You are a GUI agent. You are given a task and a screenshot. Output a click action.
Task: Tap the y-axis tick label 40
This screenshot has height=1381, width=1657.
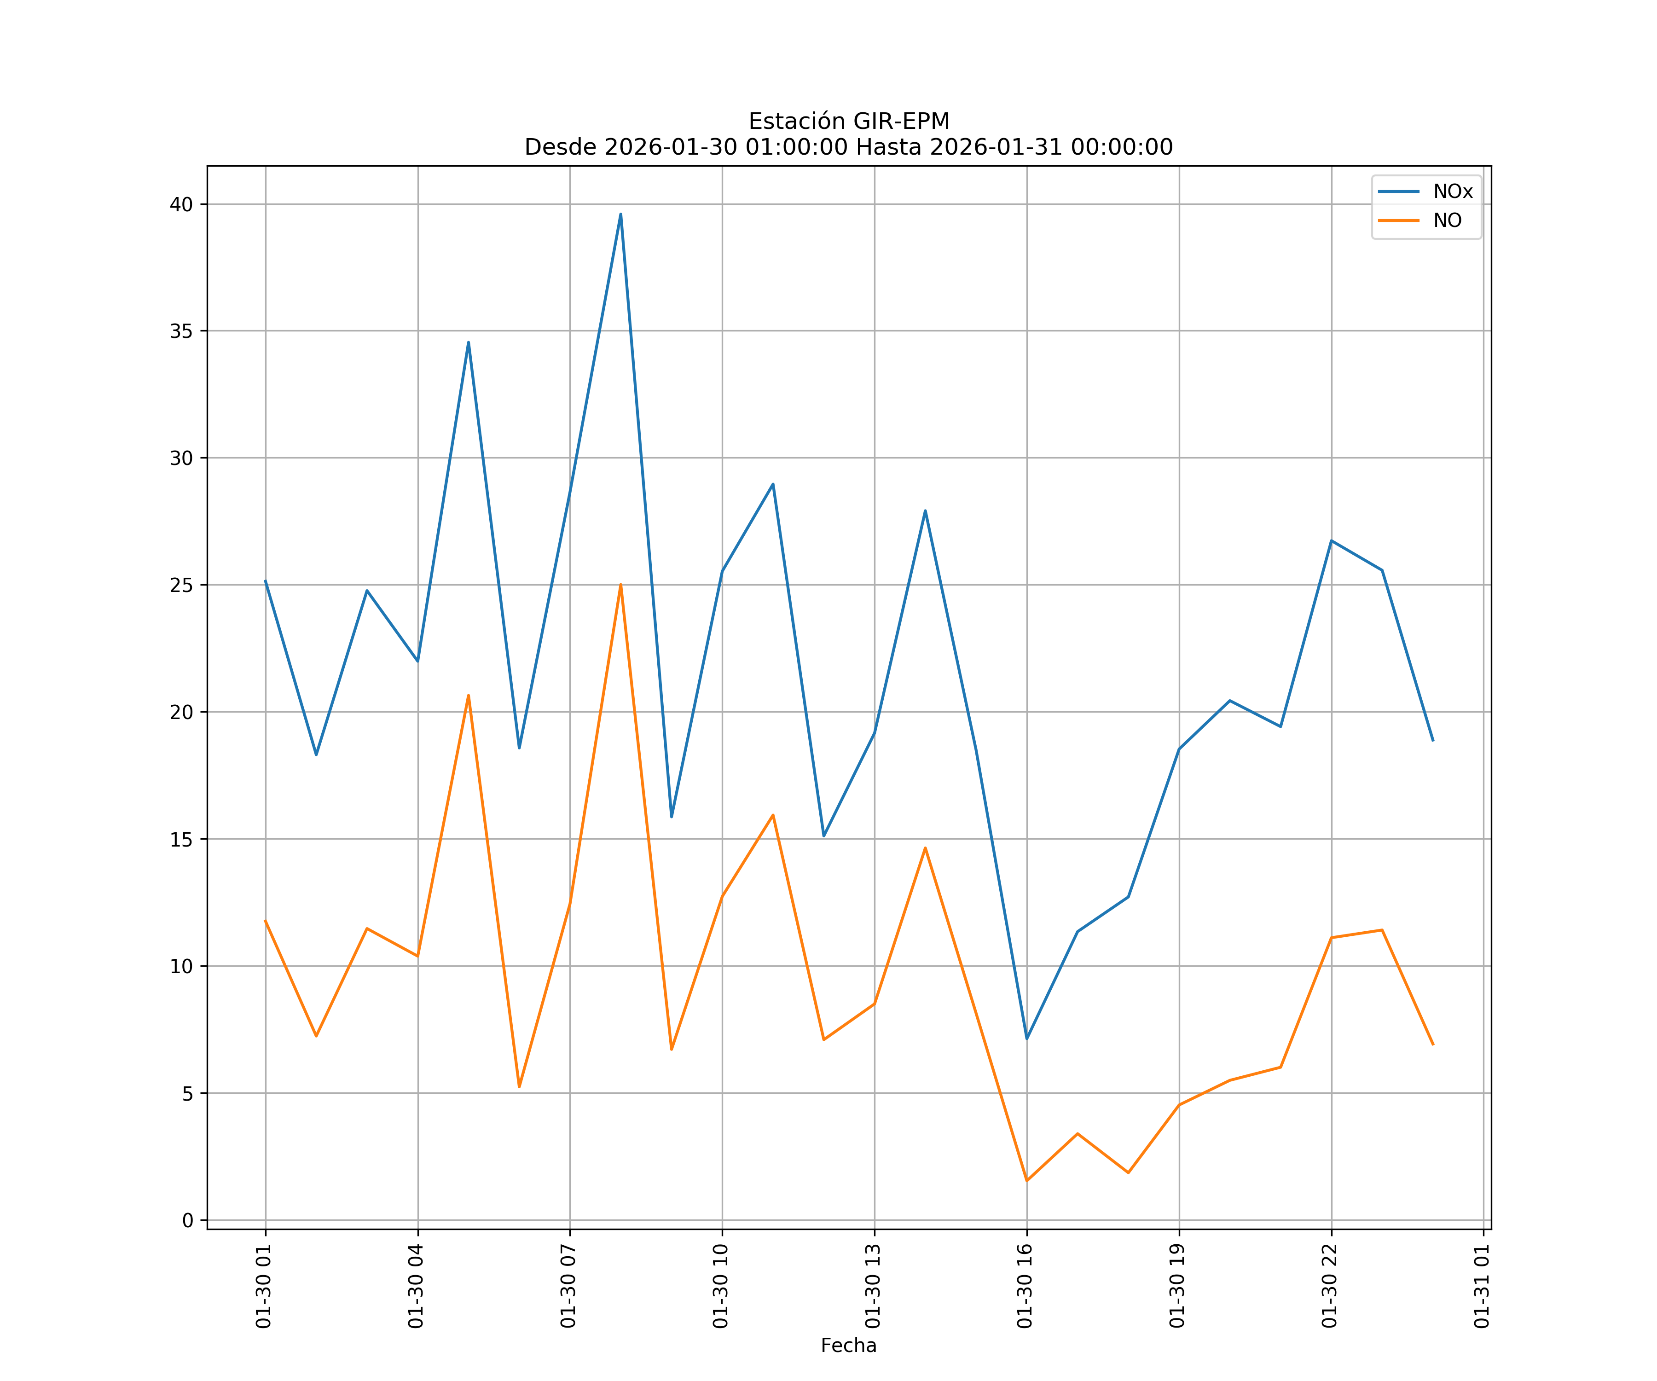click(x=181, y=204)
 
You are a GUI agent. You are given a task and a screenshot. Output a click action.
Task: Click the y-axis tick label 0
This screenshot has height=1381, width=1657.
click(x=188, y=1221)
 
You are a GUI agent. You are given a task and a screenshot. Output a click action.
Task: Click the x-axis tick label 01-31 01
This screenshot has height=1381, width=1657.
click(x=1482, y=1286)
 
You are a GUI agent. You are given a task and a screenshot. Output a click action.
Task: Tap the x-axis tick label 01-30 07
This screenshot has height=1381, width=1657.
click(x=568, y=1286)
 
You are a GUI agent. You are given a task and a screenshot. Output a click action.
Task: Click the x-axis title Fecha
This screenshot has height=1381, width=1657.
click(x=848, y=1346)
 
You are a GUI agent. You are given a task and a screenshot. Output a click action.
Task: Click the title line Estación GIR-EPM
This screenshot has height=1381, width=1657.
click(x=848, y=122)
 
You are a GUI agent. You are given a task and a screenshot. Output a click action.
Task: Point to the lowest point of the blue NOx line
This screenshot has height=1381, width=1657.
click(x=1026, y=1039)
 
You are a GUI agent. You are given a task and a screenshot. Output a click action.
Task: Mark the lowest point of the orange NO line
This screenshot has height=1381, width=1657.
click(x=1026, y=1181)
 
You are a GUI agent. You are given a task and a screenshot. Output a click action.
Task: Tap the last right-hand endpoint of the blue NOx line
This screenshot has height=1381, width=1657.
click(x=1433, y=740)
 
